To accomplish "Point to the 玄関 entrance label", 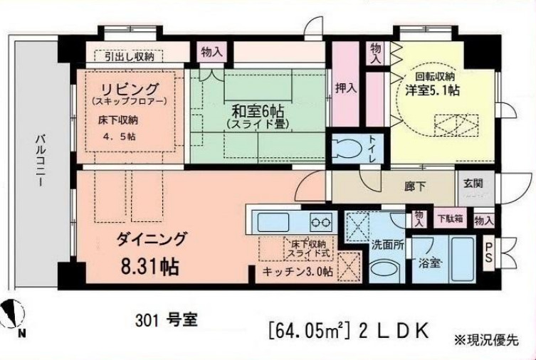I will point(473,183).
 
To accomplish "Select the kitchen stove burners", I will point(322,221).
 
